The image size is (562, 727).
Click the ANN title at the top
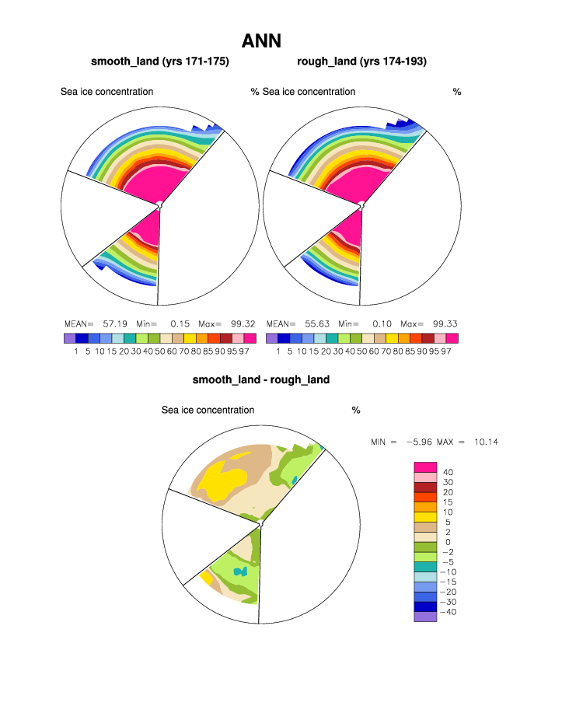[261, 41]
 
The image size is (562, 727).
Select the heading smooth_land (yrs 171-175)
[160, 61]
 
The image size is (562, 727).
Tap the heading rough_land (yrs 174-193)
[362, 61]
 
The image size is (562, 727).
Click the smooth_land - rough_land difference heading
[261, 380]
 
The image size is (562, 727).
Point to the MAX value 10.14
[485, 442]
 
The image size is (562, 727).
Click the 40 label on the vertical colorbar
[448, 472]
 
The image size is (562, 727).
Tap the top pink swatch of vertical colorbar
[425, 467]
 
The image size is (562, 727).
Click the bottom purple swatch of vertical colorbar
[425, 617]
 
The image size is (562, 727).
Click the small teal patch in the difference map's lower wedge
[242, 571]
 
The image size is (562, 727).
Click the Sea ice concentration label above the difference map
[208, 410]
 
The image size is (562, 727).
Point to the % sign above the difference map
[356, 410]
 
